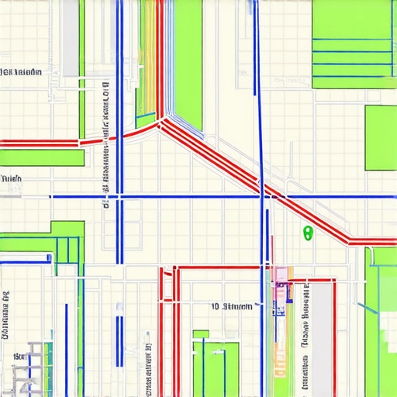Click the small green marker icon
pos(307,232)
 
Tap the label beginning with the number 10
pos(232,307)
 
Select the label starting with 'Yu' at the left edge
pos(12,178)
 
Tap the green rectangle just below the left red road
pos(42,157)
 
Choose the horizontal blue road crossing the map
pos(194,197)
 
